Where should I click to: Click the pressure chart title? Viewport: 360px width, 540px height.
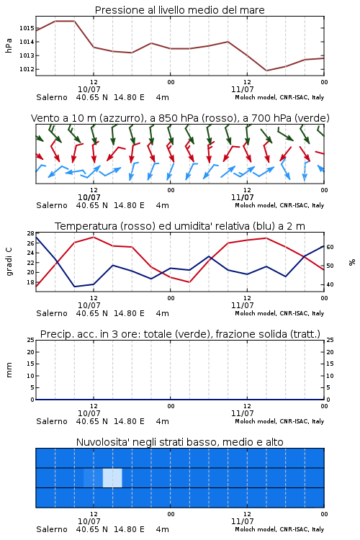click(179, 10)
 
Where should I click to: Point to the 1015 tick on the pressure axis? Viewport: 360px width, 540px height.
click(27, 28)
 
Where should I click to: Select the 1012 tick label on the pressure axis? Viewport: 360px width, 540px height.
click(27, 69)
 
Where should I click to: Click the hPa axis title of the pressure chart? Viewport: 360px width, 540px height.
click(9, 46)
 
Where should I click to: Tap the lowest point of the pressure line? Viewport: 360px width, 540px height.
click(266, 71)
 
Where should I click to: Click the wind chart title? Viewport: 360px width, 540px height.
click(180, 118)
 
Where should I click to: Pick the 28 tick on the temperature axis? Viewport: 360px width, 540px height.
click(31, 233)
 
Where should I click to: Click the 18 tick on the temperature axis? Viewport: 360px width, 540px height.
click(31, 282)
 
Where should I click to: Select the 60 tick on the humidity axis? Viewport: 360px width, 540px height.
click(330, 247)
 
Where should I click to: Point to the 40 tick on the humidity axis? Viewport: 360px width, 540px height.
click(330, 284)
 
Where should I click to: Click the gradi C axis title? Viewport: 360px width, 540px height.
click(9, 262)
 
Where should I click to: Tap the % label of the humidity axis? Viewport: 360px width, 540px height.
click(352, 262)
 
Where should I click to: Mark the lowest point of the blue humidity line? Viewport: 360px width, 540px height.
click(74, 287)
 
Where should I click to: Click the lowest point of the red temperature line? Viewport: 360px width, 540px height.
click(189, 282)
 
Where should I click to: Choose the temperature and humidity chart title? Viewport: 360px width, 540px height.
click(180, 226)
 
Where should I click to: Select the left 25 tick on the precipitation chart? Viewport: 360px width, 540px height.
click(31, 340)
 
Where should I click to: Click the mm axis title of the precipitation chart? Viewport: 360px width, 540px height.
click(9, 370)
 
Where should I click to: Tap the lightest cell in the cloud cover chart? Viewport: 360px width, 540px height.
click(112, 478)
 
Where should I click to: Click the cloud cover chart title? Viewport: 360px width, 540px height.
click(179, 442)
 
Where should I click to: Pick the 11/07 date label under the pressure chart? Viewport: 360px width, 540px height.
click(242, 89)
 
